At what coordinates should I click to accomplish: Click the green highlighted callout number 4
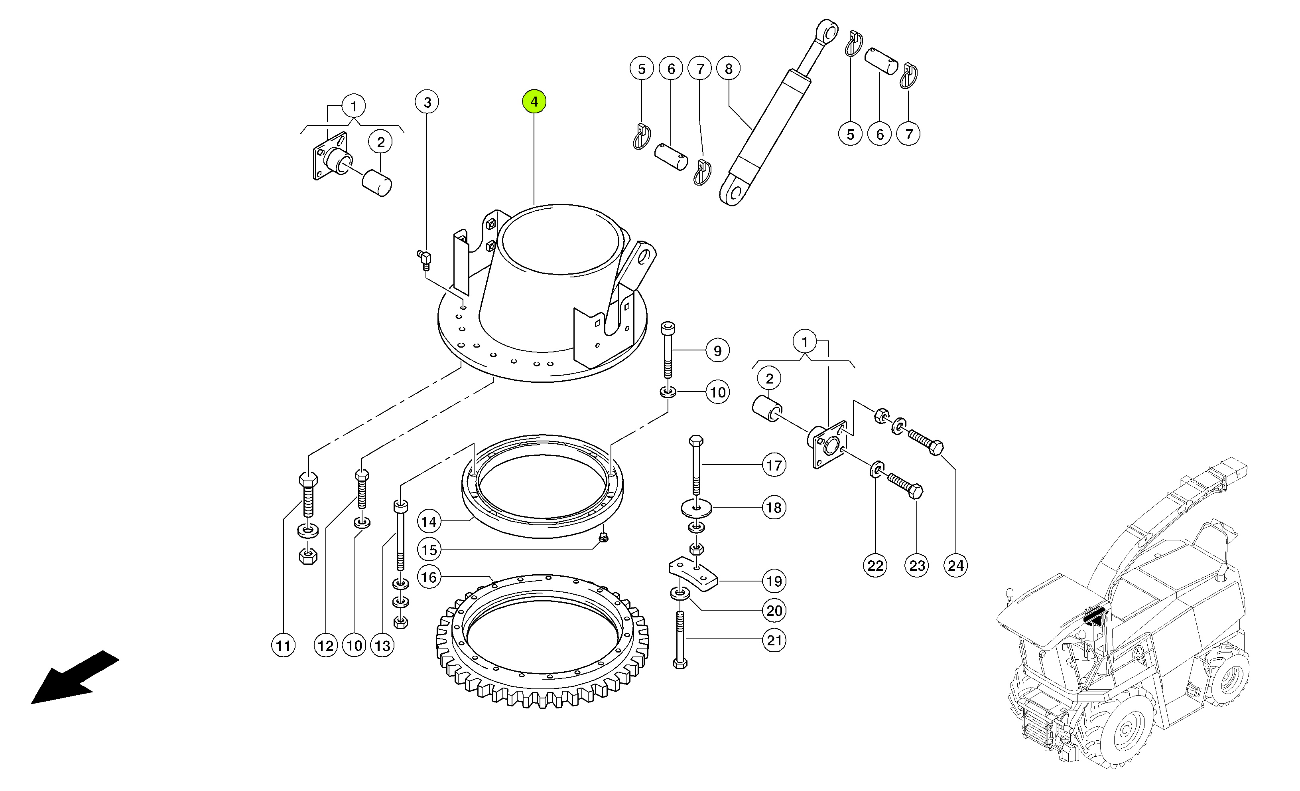[534, 101]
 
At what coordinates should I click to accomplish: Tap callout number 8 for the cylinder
[729, 69]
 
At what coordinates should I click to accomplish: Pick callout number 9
[717, 351]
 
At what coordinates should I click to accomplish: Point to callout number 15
[429, 550]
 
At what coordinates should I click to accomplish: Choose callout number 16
[429, 577]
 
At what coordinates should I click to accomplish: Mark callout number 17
[774, 465]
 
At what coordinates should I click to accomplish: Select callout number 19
[774, 581]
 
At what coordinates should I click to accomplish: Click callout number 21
[774, 641]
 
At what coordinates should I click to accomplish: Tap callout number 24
[955, 566]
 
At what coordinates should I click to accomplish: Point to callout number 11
[283, 645]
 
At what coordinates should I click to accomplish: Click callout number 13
[382, 645]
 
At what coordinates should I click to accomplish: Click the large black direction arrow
[74, 678]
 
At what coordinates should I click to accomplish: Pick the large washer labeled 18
[696, 508]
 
